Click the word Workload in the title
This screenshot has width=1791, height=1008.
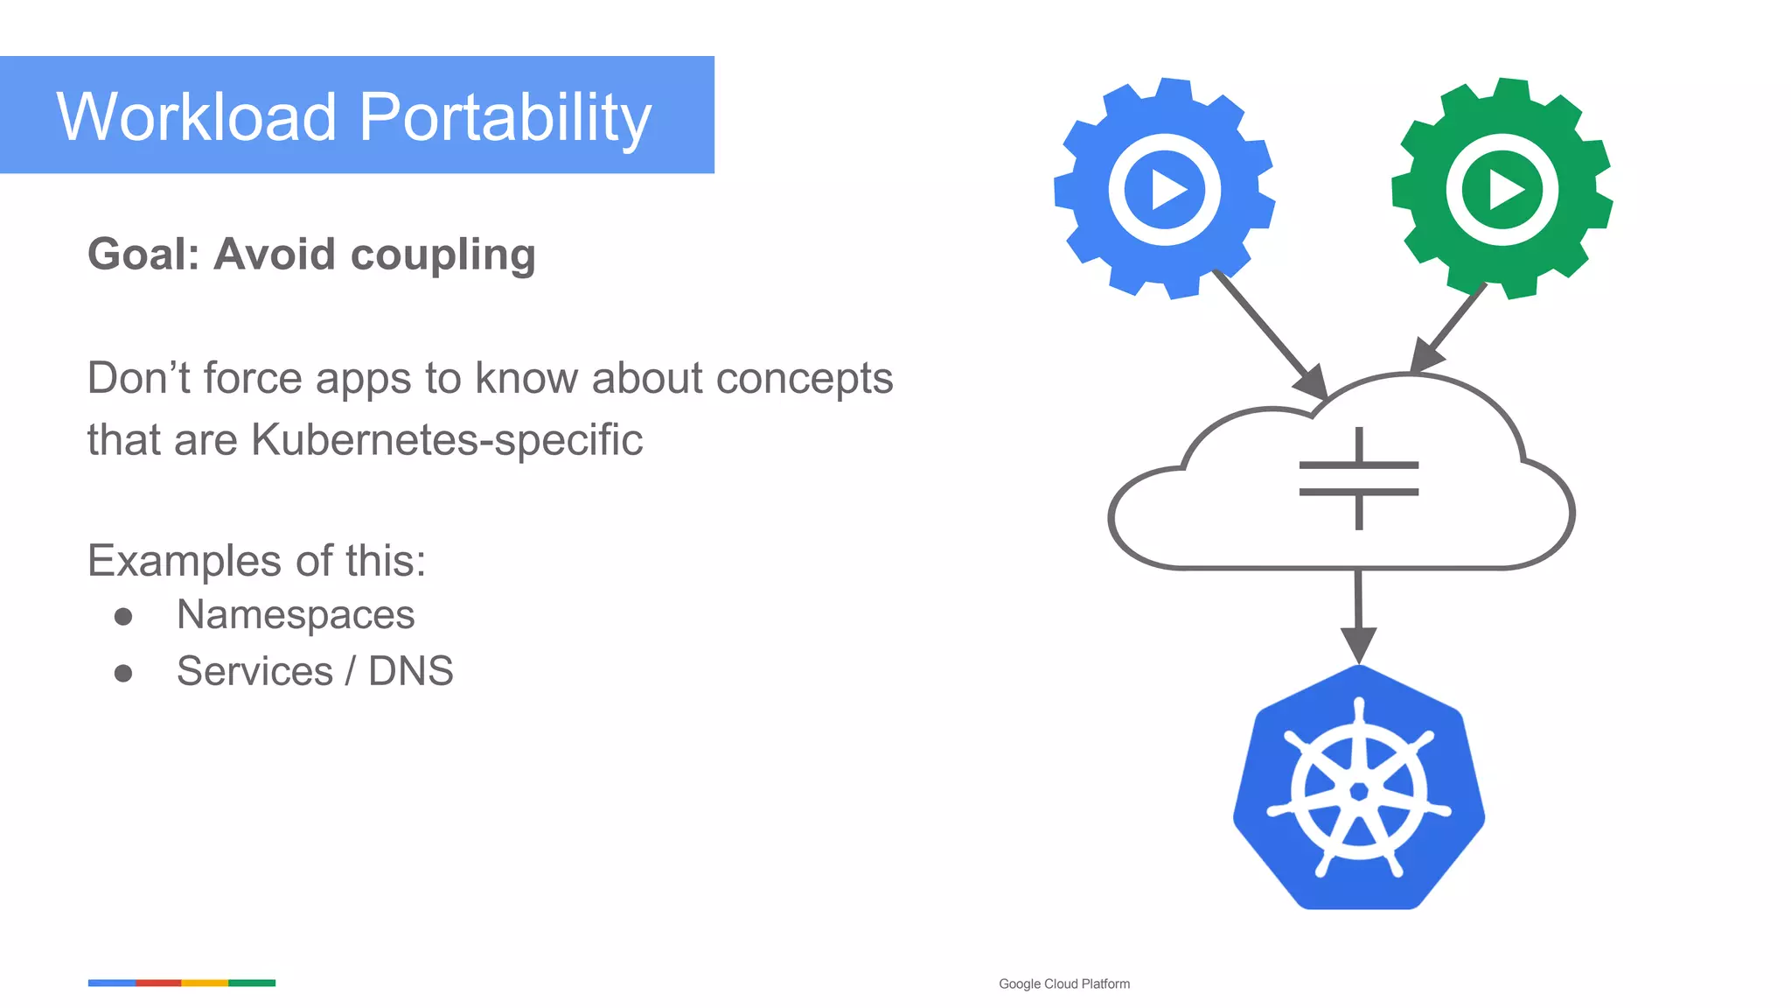(197, 116)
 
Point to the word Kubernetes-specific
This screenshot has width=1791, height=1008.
(447, 439)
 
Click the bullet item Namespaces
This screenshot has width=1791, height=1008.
(296, 614)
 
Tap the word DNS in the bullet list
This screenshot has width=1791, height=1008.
(410, 671)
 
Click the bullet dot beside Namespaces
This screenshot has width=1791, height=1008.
(123, 617)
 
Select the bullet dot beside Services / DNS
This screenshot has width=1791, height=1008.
(123, 673)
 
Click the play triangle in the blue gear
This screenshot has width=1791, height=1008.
(1167, 190)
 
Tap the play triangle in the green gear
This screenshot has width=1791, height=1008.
(1504, 190)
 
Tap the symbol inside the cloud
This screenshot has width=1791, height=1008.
(1358, 479)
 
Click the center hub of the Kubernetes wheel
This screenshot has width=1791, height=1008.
(1359, 792)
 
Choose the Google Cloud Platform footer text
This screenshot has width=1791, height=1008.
(1064, 983)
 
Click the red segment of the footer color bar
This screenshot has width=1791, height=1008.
(158, 983)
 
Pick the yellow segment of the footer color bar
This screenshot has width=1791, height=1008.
(205, 983)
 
